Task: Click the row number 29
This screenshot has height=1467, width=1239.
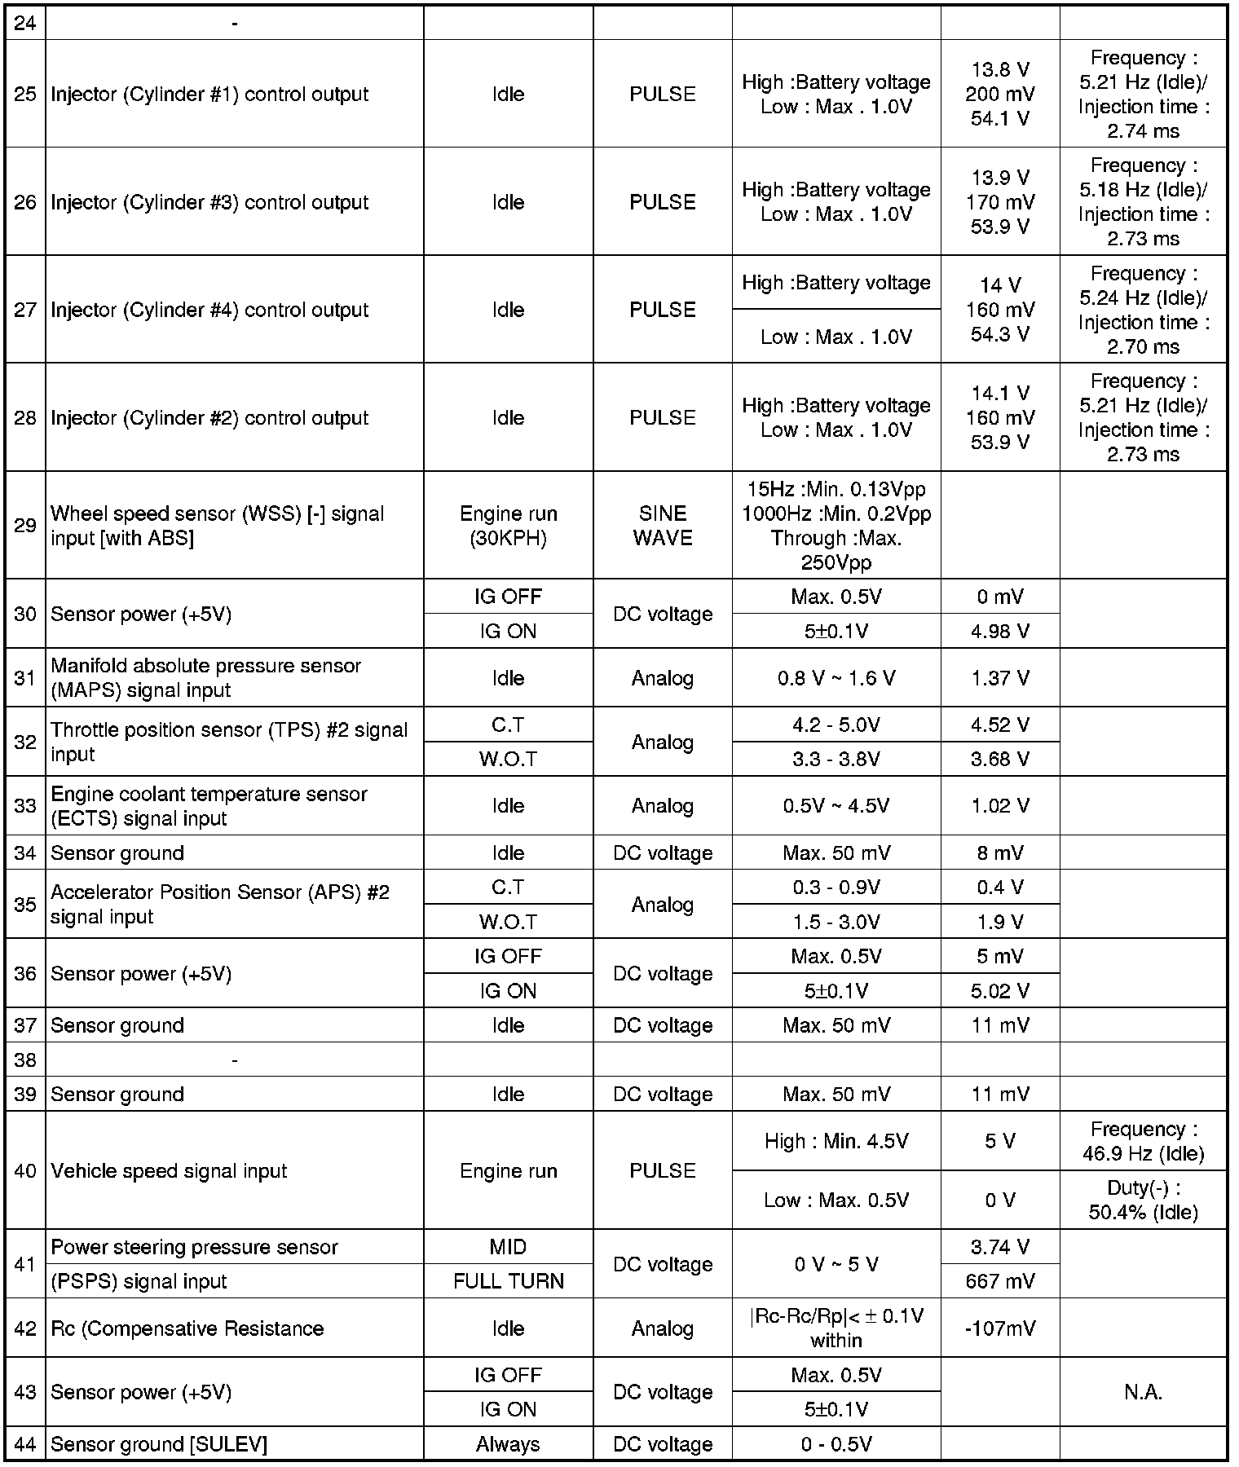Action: [25, 526]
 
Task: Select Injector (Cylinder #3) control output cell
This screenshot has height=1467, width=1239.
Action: [209, 202]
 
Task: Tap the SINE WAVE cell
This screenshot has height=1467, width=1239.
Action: [662, 526]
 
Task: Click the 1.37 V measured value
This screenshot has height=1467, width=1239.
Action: [1000, 678]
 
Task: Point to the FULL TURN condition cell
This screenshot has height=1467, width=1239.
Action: [508, 1281]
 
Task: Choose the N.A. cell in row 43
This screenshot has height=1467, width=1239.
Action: [1143, 1392]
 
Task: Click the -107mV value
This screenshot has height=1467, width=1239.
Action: [1000, 1328]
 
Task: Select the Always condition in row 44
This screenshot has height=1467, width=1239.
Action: [508, 1444]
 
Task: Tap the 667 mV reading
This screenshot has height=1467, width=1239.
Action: [1000, 1281]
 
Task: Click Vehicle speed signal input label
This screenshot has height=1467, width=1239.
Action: [169, 1171]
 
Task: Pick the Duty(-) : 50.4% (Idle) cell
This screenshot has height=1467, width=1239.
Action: [1143, 1200]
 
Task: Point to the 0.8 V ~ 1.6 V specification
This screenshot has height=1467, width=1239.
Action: [836, 678]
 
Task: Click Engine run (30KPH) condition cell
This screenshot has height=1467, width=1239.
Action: [508, 526]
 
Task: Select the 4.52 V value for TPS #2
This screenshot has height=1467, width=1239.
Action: [1000, 725]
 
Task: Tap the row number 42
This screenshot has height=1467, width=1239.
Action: [25, 1328]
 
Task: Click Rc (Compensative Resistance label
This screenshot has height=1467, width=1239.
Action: [187, 1328]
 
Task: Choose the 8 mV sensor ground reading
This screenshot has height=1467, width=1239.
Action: [1000, 853]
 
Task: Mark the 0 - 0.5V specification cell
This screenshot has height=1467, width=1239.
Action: [836, 1444]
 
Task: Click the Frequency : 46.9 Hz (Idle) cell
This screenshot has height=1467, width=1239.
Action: [1143, 1142]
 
